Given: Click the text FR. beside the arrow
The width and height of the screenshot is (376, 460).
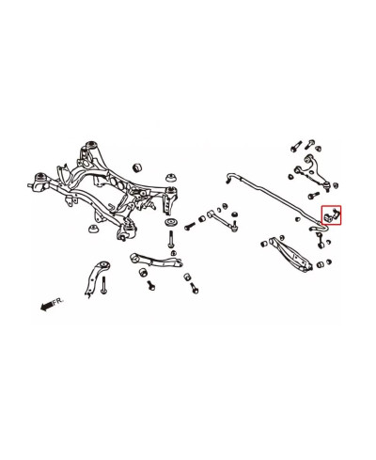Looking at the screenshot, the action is pyautogui.click(x=58, y=302).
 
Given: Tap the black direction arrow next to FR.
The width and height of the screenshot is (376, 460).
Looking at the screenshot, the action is pyautogui.click(x=46, y=306).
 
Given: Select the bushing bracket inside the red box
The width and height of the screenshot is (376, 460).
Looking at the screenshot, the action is pyautogui.click(x=332, y=215).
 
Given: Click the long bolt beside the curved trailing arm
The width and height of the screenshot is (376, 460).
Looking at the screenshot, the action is pyautogui.click(x=104, y=285).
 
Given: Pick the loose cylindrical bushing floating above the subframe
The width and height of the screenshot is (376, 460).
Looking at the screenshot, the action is pyautogui.click(x=137, y=167).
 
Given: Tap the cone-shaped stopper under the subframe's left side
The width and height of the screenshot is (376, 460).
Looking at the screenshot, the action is pyautogui.click(x=93, y=229).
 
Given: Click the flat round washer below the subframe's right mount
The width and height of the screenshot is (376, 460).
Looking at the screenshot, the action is pyautogui.click(x=171, y=223).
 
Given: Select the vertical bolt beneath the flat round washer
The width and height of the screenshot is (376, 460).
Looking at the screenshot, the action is pyautogui.click(x=171, y=240).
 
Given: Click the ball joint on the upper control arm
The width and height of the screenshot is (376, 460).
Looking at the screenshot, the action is pyautogui.click(x=327, y=187).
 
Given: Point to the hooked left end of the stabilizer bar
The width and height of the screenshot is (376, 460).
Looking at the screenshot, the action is pyautogui.click(x=230, y=177).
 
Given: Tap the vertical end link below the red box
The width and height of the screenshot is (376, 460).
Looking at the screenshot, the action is pyautogui.click(x=320, y=239).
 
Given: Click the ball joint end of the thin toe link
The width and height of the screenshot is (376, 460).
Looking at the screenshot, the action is pyautogui.click(x=234, y=227).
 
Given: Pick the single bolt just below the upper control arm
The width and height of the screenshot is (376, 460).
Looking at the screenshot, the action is pyautogui.click(x=313, y=196).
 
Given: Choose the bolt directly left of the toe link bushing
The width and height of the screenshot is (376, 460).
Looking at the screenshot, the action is pyautogui.click(x=190, y=226).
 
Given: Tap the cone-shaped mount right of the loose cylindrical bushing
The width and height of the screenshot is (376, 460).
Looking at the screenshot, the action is pyautogui.click(x=171, y=177).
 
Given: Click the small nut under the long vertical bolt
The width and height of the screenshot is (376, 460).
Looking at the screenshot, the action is pyautogui.click(x=173, y=253).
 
